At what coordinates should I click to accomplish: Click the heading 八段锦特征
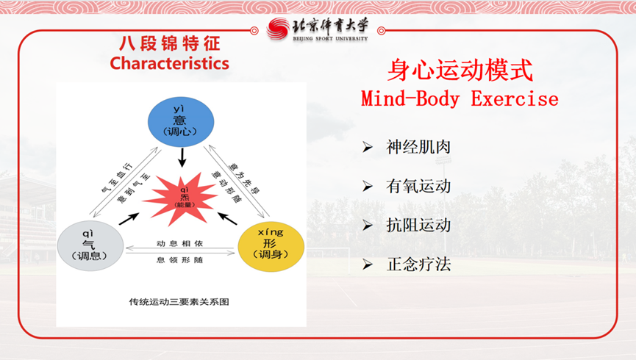tap(169, 43)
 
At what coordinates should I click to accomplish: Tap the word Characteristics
tap(169, 63)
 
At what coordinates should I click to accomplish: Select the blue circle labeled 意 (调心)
tap(181, 120)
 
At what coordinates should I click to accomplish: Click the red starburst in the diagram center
tap(181, 195)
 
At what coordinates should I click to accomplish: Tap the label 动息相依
tap(180, 242)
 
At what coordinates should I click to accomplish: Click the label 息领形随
tap(180, 259)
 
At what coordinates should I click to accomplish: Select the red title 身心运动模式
tap(460, 71)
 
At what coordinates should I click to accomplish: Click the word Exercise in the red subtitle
tap(514, 99)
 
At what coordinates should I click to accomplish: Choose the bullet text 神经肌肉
tap(418, 147)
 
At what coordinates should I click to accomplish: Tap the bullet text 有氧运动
tap(418, 186)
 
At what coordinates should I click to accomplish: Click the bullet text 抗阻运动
tap(418, 225)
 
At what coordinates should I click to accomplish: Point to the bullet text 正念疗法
tap(418, 264)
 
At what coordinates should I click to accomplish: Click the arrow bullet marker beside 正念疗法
tap(367, 264)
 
